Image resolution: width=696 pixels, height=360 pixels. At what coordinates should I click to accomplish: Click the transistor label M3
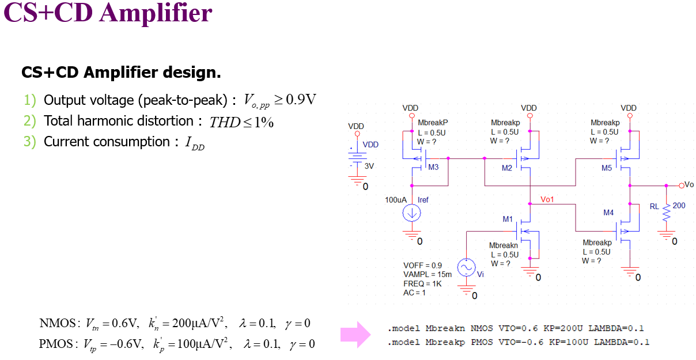coord(433,168)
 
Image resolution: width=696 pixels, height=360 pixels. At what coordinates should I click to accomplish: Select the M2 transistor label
coord(506,168)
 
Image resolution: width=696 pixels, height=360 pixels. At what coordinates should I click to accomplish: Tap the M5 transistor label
coord(607,168)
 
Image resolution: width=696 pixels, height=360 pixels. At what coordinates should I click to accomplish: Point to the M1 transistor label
coord(507,219)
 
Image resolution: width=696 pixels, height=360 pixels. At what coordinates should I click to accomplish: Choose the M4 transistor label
coord(608,213)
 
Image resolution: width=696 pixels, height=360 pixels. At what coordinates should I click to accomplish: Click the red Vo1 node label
coord(547,199)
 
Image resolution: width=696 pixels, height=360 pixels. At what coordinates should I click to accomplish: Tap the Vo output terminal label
coord(689,185)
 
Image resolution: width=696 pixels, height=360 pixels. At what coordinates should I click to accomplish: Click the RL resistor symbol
coord(667,213)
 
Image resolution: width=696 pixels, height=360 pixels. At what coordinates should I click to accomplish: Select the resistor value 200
coord(679,206)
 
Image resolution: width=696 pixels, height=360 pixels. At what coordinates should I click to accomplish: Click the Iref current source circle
coord(412,213)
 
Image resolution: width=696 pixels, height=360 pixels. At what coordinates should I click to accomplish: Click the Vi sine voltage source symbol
coord(465,267)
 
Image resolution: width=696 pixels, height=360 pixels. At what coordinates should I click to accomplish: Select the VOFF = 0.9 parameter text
coord(423,266)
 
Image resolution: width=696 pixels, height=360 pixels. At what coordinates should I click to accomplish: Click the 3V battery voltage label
coord(369,166)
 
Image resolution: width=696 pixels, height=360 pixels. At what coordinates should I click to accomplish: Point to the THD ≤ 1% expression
coord(241,122)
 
